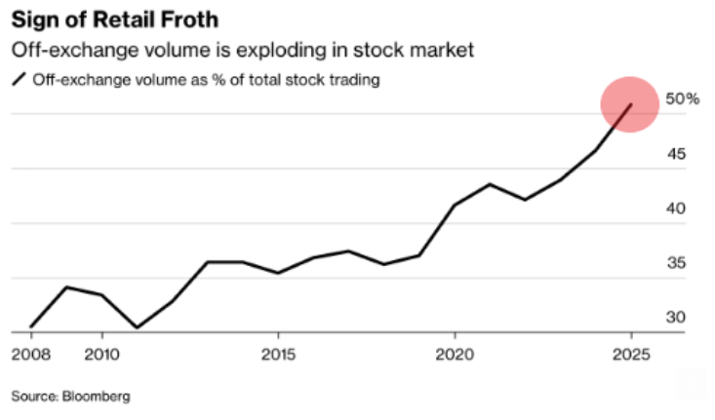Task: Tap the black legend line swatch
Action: tap(19, 80)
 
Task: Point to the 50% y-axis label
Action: tap(683, 99)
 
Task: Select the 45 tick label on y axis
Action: tap(676, 154)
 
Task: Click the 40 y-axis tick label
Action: tap(676, 209)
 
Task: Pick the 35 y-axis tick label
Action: tap(676, 263)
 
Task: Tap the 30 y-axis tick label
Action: tap(676, 318)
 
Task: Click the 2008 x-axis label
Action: tap(29, 352)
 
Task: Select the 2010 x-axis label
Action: tap(101, 352)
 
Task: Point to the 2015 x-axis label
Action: tap(278, 352)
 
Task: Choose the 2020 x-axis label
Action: tap(455, 352)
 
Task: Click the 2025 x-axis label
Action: tap(631, 352)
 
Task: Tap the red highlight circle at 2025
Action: tap(630, 104)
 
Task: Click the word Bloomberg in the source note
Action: tap(97, 397)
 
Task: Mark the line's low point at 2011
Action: tap(137, 328)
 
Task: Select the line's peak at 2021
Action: tap(490, 183)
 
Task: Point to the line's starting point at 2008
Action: tap(30, 327)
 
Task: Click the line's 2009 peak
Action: tap(65, 286)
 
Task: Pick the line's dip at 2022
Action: tap(525, 200)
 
